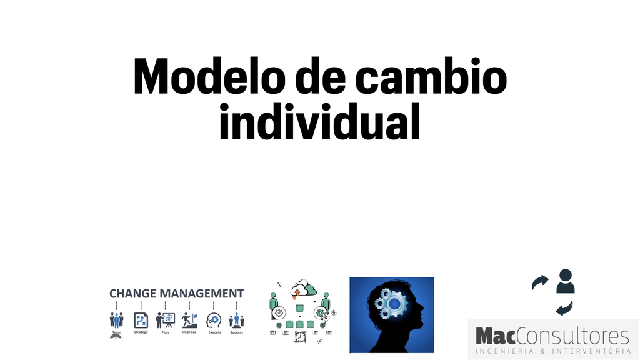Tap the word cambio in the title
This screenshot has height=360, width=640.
click(431, 76)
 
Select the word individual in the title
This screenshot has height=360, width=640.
click(320, 121)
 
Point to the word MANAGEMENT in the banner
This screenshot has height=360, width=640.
click(202, 294)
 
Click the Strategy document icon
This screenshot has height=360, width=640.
click(141, 321)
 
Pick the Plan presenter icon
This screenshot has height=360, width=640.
click(165, 321)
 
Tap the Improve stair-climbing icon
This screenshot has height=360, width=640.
click(189, 321)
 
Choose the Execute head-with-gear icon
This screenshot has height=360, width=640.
click(214, 321)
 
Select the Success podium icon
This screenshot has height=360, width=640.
click(237, 321)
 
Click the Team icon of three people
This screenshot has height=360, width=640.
click(116, 321)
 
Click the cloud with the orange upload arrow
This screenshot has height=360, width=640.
click(303, 289)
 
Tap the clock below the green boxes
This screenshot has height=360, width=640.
click(301, 337)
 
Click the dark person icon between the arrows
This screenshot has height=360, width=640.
click(565, 281)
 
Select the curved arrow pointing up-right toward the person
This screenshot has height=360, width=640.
click(540, 282)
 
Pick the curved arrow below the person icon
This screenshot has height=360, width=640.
click(564, 309)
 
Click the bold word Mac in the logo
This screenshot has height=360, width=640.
click(496, 337)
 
